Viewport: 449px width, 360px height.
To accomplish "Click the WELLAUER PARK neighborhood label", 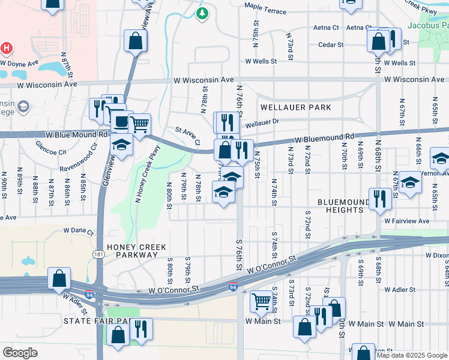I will (296, 107).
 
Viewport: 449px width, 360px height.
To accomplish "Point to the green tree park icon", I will (203, 13).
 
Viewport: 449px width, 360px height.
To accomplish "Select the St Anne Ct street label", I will (187, 136).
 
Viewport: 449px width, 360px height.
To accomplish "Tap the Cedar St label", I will (331, 44).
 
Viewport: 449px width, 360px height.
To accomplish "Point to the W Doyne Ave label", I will (20, 62).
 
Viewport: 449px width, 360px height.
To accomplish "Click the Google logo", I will (20, 353).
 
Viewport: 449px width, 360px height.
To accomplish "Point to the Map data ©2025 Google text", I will (412, 355).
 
